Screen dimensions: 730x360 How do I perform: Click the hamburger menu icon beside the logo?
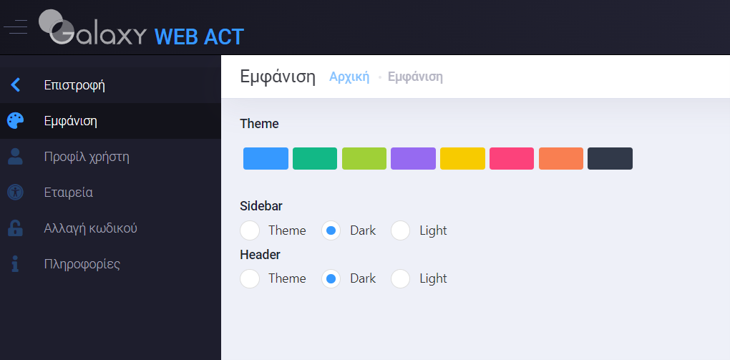tap(15, 27)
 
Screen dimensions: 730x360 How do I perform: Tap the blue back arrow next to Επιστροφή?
tap(15, 84)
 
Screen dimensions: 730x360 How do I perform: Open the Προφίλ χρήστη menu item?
tap(87, 157)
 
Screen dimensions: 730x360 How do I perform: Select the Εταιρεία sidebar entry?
tap(69, 193)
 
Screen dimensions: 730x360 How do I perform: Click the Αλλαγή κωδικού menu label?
tap(91, 228)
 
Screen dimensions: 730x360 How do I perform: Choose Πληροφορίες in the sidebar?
tap(82, 264)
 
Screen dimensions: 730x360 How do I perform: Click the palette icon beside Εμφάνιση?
tap(15, 121)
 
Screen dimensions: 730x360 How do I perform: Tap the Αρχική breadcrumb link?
tap(349, 77)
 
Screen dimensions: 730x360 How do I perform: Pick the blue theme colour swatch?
tap(266, 158)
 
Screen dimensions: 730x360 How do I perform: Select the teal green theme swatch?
tap(315, 158)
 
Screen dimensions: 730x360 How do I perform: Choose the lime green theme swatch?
tap(364, 158)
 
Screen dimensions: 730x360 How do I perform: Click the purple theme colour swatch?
tap(414, 158)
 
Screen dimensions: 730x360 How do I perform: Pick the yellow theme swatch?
tap(463, 158)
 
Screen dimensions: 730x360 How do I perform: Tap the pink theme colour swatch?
tap(512, 158)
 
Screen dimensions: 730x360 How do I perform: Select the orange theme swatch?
tap(561, 158)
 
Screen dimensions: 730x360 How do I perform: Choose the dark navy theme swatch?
tap(610, 158)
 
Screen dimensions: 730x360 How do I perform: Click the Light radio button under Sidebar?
tap(400, 230)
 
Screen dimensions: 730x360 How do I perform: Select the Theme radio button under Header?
tap(250, 278)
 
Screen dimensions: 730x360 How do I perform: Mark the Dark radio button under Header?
tap(331, 278)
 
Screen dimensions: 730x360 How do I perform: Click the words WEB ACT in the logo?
tap(199, 37)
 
